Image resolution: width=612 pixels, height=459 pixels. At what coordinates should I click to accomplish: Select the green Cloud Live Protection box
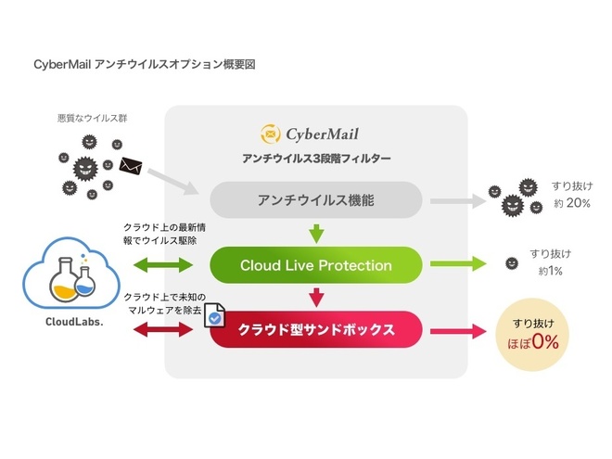(315, 265)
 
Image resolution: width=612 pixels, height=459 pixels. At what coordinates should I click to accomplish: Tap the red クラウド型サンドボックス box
(315, 328)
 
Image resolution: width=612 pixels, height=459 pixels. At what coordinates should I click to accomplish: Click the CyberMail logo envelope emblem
(270, 134)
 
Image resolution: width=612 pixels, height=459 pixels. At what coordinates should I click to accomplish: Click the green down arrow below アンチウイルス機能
(315, 233)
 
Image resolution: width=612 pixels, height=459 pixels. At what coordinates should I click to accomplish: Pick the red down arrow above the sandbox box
(315, 297)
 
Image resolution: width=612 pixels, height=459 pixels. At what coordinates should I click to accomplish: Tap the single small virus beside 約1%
(510, 264)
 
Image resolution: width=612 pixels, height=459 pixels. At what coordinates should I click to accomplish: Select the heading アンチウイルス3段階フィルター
(316, 159)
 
